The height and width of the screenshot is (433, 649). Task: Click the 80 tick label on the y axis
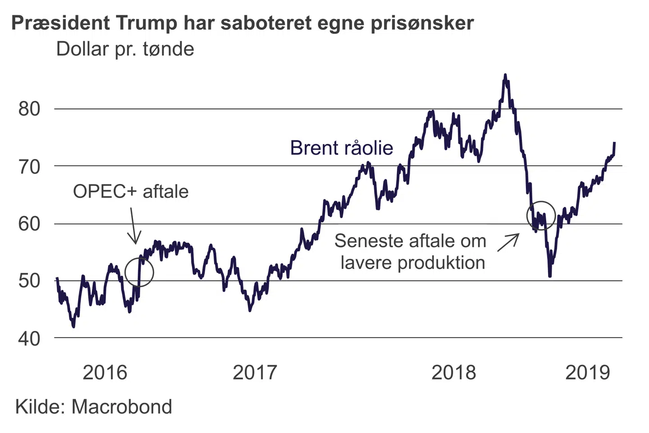point(29,109)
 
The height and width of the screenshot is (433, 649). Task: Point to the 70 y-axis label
point(29,167)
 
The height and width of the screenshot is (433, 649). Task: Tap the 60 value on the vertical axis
point(29,224)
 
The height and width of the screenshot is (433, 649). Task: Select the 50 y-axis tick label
point(29,281)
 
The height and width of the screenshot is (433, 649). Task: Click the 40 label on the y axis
point(29,338)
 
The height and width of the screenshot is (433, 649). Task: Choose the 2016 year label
point(105,373)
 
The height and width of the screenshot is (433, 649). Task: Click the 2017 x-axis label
point(255,373)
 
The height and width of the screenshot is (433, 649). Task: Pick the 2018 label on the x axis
point(453,373)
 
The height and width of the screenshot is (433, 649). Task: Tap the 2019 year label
point(587,373)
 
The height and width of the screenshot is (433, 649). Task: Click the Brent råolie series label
point(341,147)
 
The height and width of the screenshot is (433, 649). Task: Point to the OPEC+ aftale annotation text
point(131,192)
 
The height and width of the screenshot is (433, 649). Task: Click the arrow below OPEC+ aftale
point(134,226)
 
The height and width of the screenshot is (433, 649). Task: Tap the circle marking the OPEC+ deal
point(139,272)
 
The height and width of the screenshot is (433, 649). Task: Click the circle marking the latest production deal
point(541,215)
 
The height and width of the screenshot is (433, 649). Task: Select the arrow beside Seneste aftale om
point(508,242)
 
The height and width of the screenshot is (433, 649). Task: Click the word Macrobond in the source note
point(122,406)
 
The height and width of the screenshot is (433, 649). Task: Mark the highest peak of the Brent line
point(505,75)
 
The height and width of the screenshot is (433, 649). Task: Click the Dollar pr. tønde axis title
point(125,49)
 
